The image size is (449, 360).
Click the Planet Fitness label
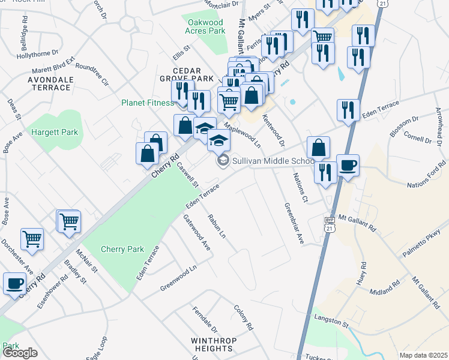[x=147, y=103]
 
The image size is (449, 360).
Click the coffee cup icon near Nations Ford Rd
[x=348, y=165]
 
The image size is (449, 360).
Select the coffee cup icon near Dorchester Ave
[x=14, y=283]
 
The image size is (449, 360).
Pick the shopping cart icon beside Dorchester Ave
[x=32, y=238]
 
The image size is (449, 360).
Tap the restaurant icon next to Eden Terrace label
[x=348, y=110]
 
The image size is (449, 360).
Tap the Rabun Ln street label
[x=217, y=224]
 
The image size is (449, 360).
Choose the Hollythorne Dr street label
[x=39, y=55]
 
